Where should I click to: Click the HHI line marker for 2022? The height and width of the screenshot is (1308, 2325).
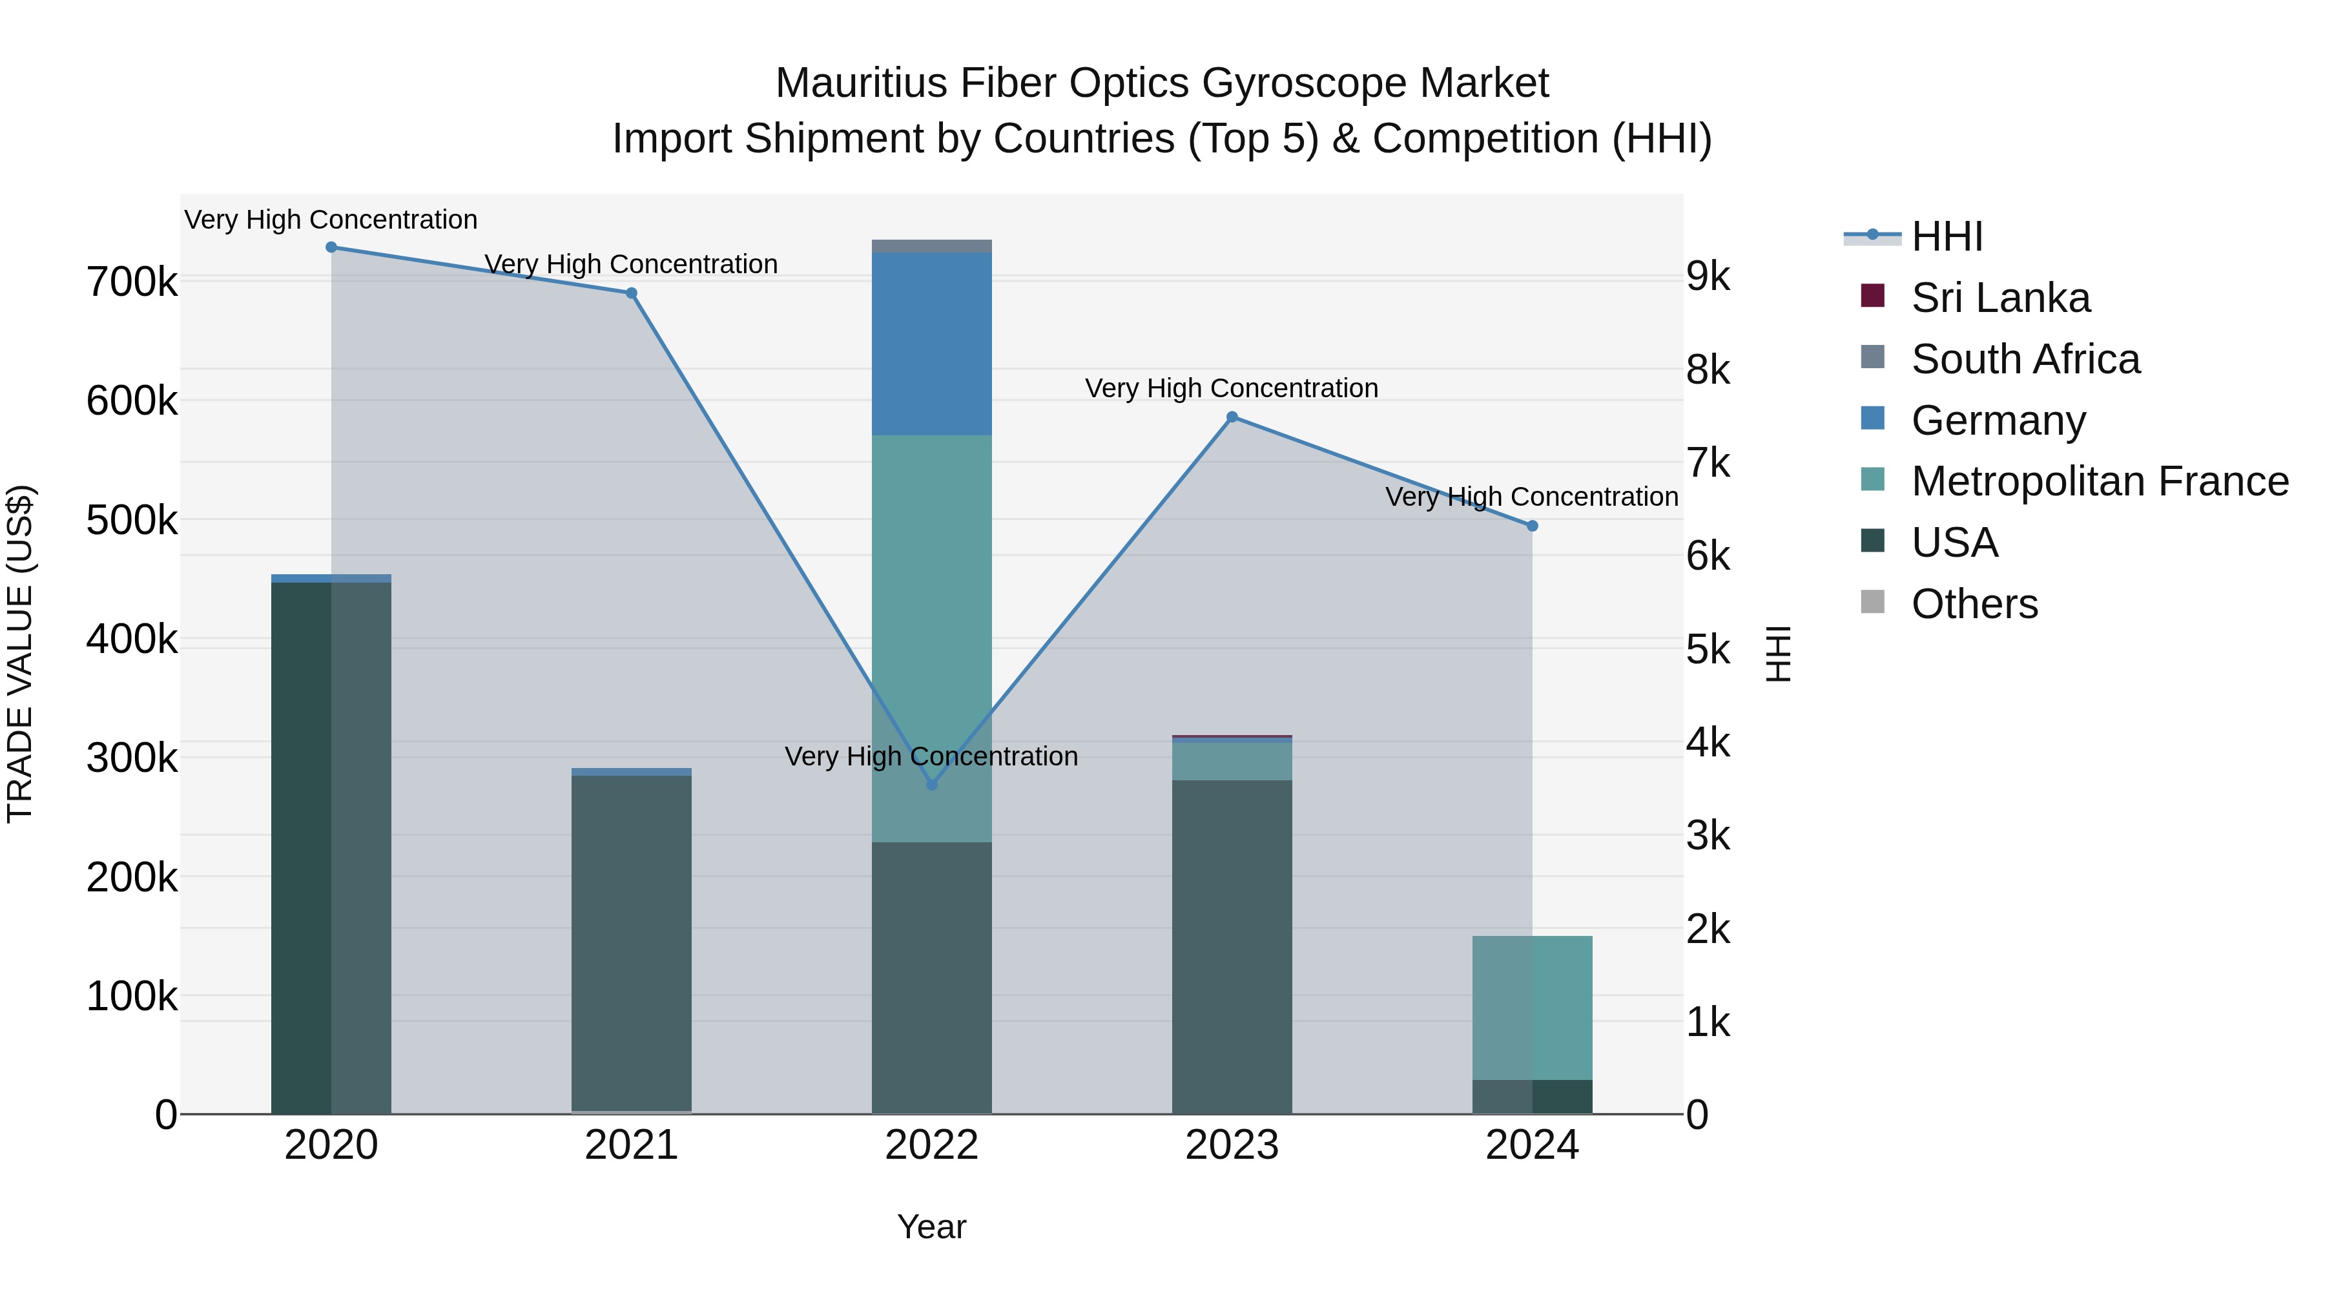931,784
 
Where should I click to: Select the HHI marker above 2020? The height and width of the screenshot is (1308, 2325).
331,247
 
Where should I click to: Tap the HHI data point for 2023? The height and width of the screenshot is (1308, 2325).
1232,417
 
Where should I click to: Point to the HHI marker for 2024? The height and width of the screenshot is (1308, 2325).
1532,525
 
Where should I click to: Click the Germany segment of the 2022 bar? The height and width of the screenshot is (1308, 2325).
931,344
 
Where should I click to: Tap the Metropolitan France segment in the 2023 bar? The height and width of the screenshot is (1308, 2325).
1232,761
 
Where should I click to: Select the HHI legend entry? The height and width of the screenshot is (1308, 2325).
1946,236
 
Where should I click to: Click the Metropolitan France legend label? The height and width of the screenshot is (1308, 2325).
2100,481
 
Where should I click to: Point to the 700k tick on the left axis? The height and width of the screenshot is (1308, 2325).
132,282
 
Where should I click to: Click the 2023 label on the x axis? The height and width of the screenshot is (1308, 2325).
1232,1145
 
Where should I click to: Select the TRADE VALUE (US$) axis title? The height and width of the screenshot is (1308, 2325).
20,654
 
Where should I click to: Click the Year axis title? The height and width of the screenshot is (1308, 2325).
931,1227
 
